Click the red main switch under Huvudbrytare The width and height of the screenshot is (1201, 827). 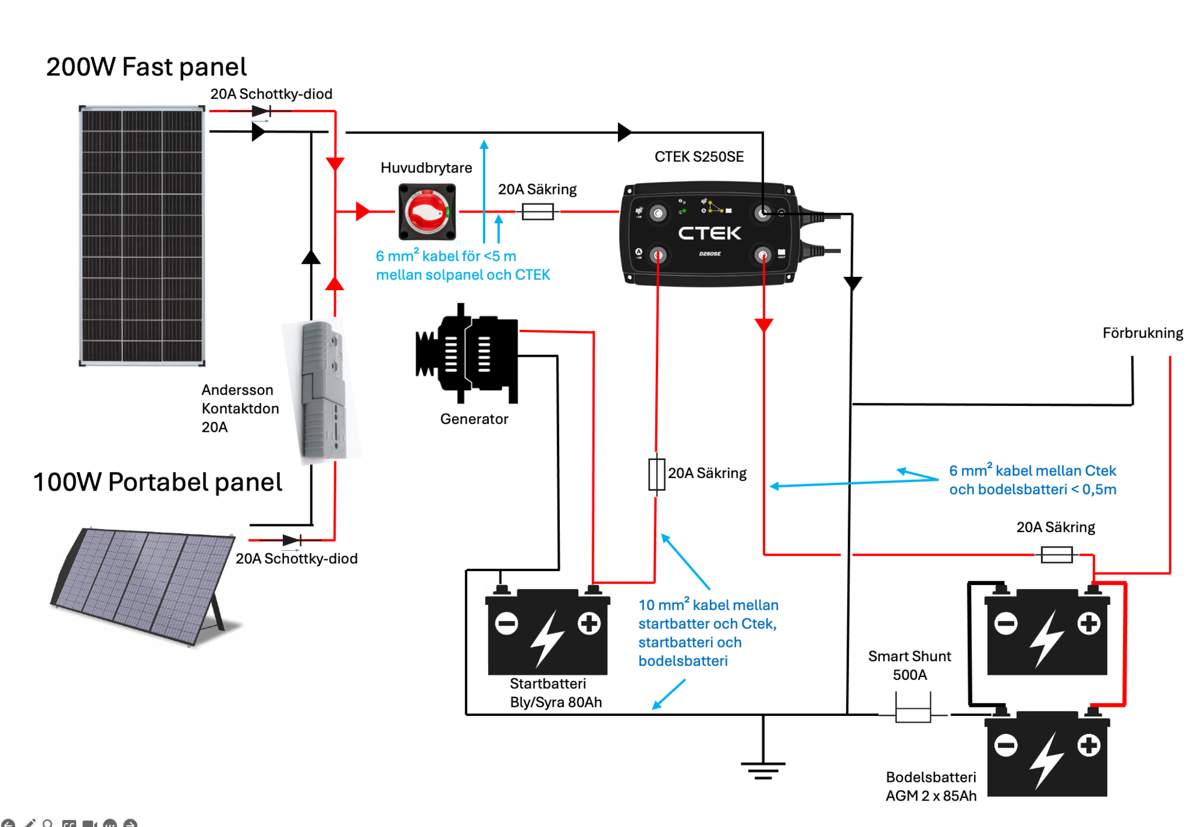point(427,212)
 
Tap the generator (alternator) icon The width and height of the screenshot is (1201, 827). point(467,354)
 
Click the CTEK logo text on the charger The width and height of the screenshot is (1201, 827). point(709,233)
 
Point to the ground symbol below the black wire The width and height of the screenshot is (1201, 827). point(763,769)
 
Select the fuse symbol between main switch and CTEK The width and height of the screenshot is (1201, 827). point(537,211)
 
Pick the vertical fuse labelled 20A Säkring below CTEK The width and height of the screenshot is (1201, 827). point(656,474)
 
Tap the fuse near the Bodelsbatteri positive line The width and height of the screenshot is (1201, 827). point(1056,554)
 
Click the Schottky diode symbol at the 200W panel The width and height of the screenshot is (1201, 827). point(262,111)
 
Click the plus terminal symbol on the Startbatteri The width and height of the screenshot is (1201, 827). point(588,623)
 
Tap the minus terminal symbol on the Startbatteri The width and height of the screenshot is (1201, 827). point(506,623)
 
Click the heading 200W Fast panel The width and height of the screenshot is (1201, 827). point(146,67)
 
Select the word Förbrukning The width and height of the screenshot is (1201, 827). point(1142,333)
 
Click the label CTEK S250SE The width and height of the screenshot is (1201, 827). point(699,157)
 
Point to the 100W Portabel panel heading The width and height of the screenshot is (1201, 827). point(157,482)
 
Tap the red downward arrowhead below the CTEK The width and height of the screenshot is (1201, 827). point(763,326)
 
